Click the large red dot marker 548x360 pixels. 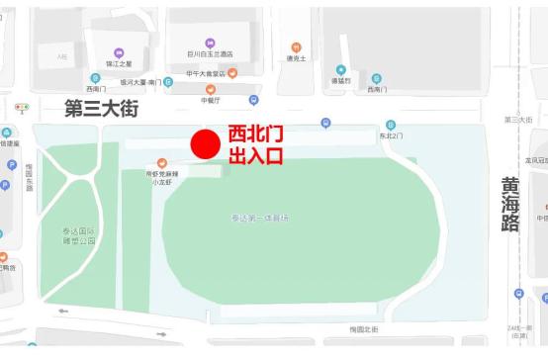point(204,144)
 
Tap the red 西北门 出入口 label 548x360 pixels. point(255,145)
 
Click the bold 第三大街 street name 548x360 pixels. point(102,106)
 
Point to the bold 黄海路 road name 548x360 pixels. point(510,203)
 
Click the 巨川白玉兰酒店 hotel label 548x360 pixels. point(210,53)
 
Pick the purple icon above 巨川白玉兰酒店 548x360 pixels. point(210,42)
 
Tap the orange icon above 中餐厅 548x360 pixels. point(211,88)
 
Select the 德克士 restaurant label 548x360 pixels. point(296,58)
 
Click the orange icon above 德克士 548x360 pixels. point(296,46)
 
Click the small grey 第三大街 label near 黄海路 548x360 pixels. point(518,120)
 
